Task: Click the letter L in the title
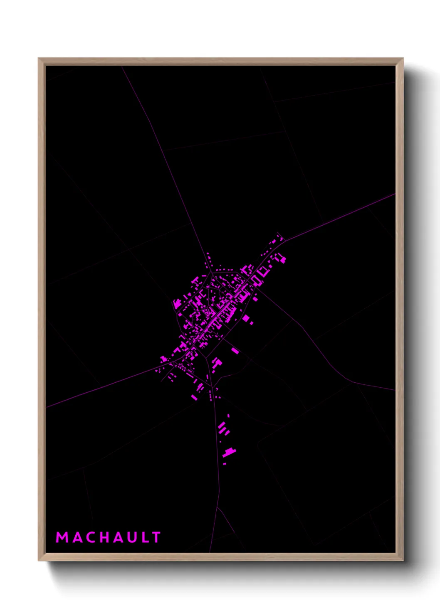pyautogui.click(x=145, y=537)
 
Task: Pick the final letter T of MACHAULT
pyautogui.click(x=156, y=537)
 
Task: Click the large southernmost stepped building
pyautogui.click(x=229, y=452)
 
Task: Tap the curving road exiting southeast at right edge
pyautogui.click(x=366, y=385)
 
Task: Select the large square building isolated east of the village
pyautogui.click(x=246, y=318)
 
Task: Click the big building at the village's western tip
pyautogui.click(x=164, y=359)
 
